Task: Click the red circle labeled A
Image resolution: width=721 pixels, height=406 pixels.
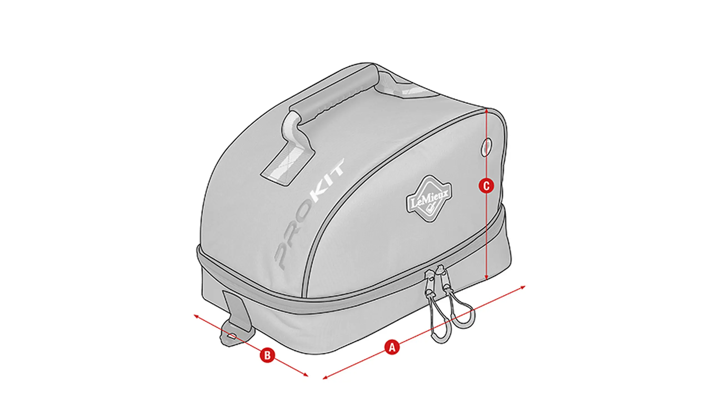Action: [x=392, y=348]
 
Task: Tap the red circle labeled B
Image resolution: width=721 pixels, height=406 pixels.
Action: [x=267, y=356]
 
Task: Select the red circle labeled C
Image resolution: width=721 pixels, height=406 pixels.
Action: [x=486, y=186]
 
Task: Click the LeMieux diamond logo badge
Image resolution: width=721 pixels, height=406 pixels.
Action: [x=428, y=199]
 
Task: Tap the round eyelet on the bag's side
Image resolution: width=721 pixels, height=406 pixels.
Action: [x=487, y=147]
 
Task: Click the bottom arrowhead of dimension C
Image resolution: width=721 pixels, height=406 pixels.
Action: [x=487, y=287]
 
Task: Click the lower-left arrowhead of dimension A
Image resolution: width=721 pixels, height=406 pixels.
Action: [x=326, y=378]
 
